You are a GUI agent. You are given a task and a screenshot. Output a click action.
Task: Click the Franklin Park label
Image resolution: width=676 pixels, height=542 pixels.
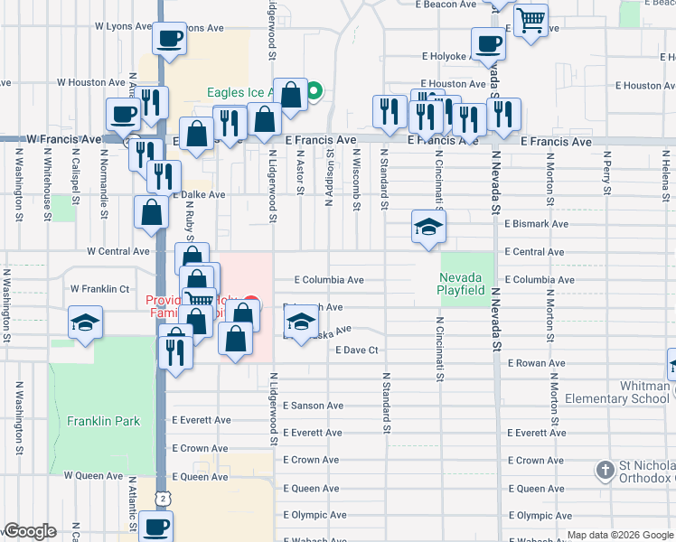pos(103,421)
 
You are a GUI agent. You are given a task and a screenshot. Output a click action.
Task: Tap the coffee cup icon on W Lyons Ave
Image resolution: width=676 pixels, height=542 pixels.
pos(169,39)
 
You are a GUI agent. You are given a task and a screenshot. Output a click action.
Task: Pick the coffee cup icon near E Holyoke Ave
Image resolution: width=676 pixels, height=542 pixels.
pos(488,43)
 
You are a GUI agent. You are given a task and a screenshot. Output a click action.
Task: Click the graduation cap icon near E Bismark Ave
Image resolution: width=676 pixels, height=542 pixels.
pos(428,227)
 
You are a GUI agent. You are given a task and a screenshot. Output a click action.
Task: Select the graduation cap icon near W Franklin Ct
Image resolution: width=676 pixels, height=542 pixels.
pos(85,323)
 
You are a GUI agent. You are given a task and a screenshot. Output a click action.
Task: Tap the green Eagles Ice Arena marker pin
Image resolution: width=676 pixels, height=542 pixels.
pos(315,91)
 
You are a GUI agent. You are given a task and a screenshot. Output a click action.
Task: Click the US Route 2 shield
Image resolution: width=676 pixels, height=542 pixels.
pos(161,497)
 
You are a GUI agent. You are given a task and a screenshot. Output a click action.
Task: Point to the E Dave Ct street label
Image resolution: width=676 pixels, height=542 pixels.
pos(356,350)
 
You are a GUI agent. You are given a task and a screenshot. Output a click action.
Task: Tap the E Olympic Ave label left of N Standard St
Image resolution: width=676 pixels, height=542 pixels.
pos(315,516)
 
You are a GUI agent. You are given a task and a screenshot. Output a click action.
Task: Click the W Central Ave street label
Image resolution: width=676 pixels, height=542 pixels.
pos(117,251)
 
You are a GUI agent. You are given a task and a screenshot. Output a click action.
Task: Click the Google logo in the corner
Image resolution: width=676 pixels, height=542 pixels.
pos(30,531)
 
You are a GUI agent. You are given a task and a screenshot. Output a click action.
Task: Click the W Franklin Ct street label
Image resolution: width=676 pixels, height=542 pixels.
pos(100,289)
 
